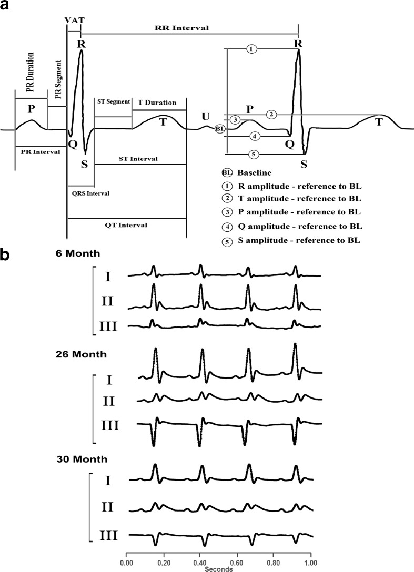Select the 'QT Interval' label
(126, 224)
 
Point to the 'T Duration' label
(157, 103)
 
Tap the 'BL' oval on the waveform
(221, 128)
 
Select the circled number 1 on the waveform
(251, 49)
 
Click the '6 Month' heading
(80, 253)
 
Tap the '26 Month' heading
(82, 354)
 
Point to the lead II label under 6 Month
(108, 301)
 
